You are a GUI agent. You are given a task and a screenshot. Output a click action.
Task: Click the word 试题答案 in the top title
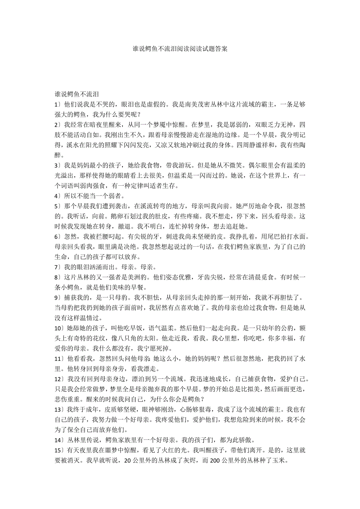(216, 49)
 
